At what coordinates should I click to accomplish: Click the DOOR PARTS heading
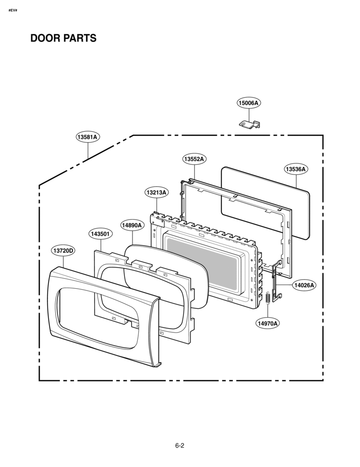[x=63, y=38]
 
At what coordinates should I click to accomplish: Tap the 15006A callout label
[x=249, y=103]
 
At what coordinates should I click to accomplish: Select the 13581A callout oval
[x=87, y=137]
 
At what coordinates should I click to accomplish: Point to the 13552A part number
[x=194, y=159]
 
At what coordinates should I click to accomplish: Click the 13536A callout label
[x=296, y=169]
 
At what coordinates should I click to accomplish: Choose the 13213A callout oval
[x=156, y=192]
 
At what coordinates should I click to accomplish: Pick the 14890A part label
[x=132, y=225]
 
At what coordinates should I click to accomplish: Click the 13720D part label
[x=62, y=251]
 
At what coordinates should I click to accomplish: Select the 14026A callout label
[x=304, y=285]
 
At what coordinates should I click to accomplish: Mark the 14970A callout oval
[x=268, y=323]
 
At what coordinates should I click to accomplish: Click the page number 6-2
[x=180, y=445]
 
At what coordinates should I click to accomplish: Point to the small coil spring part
[x=267, y=297]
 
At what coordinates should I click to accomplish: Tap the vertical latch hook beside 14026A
[x=277, y=280]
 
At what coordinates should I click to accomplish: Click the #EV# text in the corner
[x=13, y=11]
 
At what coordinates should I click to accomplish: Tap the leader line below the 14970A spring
[x=267, y=311]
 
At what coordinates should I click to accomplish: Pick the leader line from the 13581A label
[x=88, y=150]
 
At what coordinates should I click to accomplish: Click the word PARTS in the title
[x=79, y=38]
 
